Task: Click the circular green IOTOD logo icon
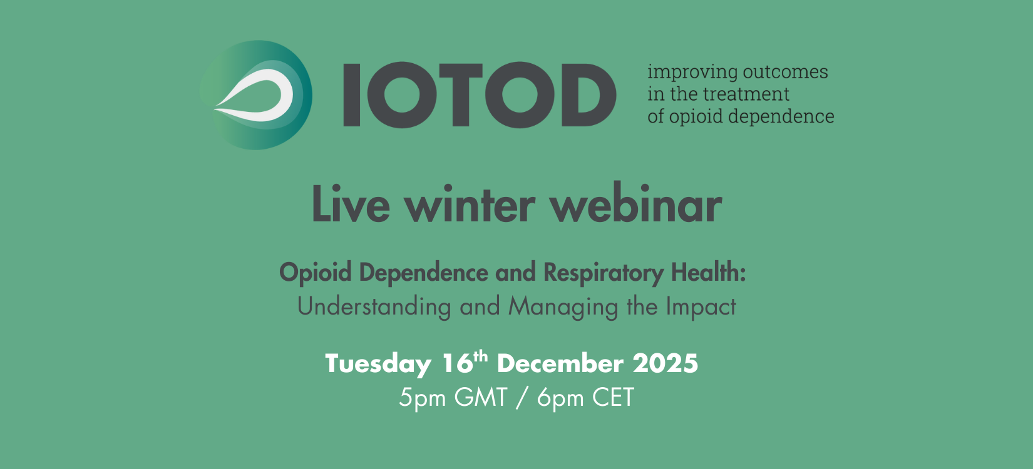coord(257,95)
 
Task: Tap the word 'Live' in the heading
coord(351,205)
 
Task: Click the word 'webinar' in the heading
coord(635,205)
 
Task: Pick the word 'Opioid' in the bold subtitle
coord(316,273)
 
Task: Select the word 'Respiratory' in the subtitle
coord(603,273)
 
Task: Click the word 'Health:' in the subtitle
coord(708,273)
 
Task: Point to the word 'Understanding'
coord(374,307)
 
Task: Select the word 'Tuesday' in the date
coord(378,364)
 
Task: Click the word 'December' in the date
coord(560,363)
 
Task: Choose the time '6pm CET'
coord(585,398)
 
